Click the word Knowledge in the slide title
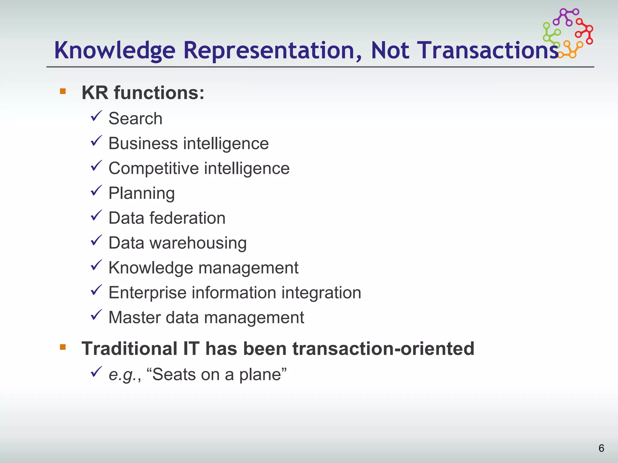pos(115,50)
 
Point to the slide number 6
pos(601,448)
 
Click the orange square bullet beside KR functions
pos(63,91)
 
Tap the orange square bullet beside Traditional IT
pos(63,347)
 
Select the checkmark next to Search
pos(96,116)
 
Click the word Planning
pos(142,194)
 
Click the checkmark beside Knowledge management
pos(96,265)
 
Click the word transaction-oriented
pos(383,349)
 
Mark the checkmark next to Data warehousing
pos(96,241)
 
